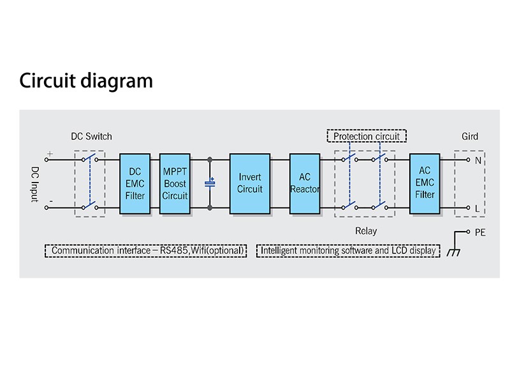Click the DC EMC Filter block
click(x=135, y=183)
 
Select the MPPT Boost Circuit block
click(x=175, y=183)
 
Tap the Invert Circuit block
click(x=250, y=183)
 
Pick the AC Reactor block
click(x=305, y=183)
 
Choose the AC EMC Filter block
click(x=425, y=183)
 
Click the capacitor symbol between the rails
click(x=210, y=183)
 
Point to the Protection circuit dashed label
click(x=367, y=136)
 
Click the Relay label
click(x=366, y=231)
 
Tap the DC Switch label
click(x=91, y=136)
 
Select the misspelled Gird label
click(x=470, y=136)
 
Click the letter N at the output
click(x=477, y=160)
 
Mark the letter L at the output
click(x=477, y=208)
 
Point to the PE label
click(x=480, y=232)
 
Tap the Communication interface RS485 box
click(x=146, y=251)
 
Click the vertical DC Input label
click(x=36, y=184)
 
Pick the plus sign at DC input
click(x=49, y=154)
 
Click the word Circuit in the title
click(x=48, y=81)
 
